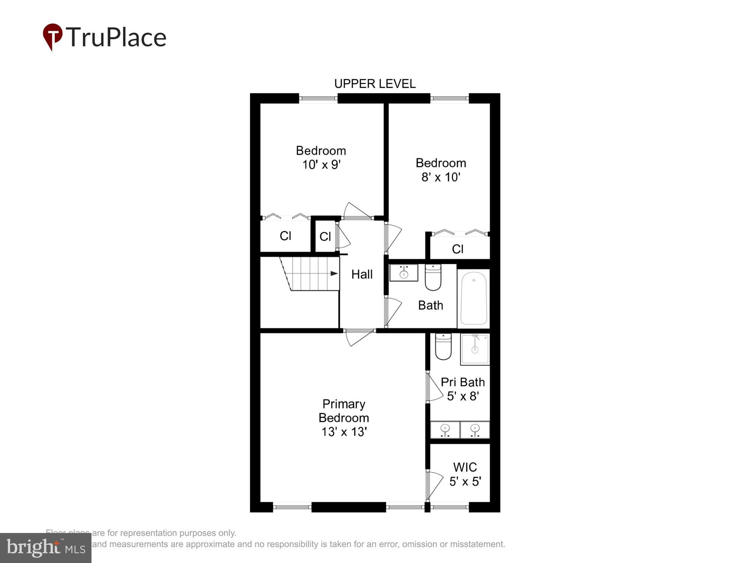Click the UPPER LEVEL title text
[x=375, y=84]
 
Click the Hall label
[x=362, y=274]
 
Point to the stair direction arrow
[x=334, y=274]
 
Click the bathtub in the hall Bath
[x=474, y=298]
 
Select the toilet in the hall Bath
[x=433, y=278]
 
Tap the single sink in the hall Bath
[x=403, y=273]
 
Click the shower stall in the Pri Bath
[x=475, y=349]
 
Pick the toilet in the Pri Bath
[x=443, y=346]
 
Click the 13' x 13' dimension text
[x=343, y=432]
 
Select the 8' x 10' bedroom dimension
[x=441, y=177]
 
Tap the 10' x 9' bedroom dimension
[x=321, y=165]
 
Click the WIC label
[x=465, y=467]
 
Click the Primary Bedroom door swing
[x=358, y=337]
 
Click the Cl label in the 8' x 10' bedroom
[x=457, y=249]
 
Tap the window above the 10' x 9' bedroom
[x=318, y=98]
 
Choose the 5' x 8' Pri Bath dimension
[x=463, y=396]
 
